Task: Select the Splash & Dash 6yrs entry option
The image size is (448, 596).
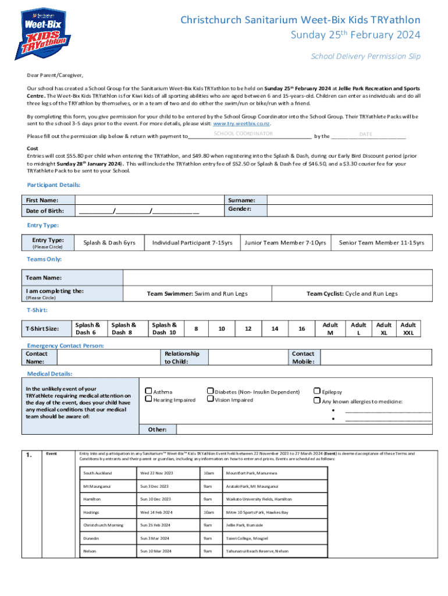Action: (109, 243)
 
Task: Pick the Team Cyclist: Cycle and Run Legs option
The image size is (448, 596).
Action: (352, 294)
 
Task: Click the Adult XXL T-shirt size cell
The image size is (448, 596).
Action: (408, 329)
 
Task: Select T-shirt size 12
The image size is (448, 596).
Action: (248, 329)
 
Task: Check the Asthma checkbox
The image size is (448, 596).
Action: (148, 392)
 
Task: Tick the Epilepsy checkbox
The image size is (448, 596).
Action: (317, 392)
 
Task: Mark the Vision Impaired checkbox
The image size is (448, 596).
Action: (211, 400)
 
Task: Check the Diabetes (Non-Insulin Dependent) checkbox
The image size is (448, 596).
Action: (211, 392)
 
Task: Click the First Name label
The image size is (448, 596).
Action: (41, 200)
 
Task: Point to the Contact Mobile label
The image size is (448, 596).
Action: (303, 357)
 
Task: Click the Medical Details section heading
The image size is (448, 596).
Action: (49, 374)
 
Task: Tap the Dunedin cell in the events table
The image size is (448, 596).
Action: (92, 538)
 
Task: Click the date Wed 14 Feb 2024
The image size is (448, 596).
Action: (156, 512)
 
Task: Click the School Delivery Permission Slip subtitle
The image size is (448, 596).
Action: (365, 56)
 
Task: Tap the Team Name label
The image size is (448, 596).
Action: (44, 278)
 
